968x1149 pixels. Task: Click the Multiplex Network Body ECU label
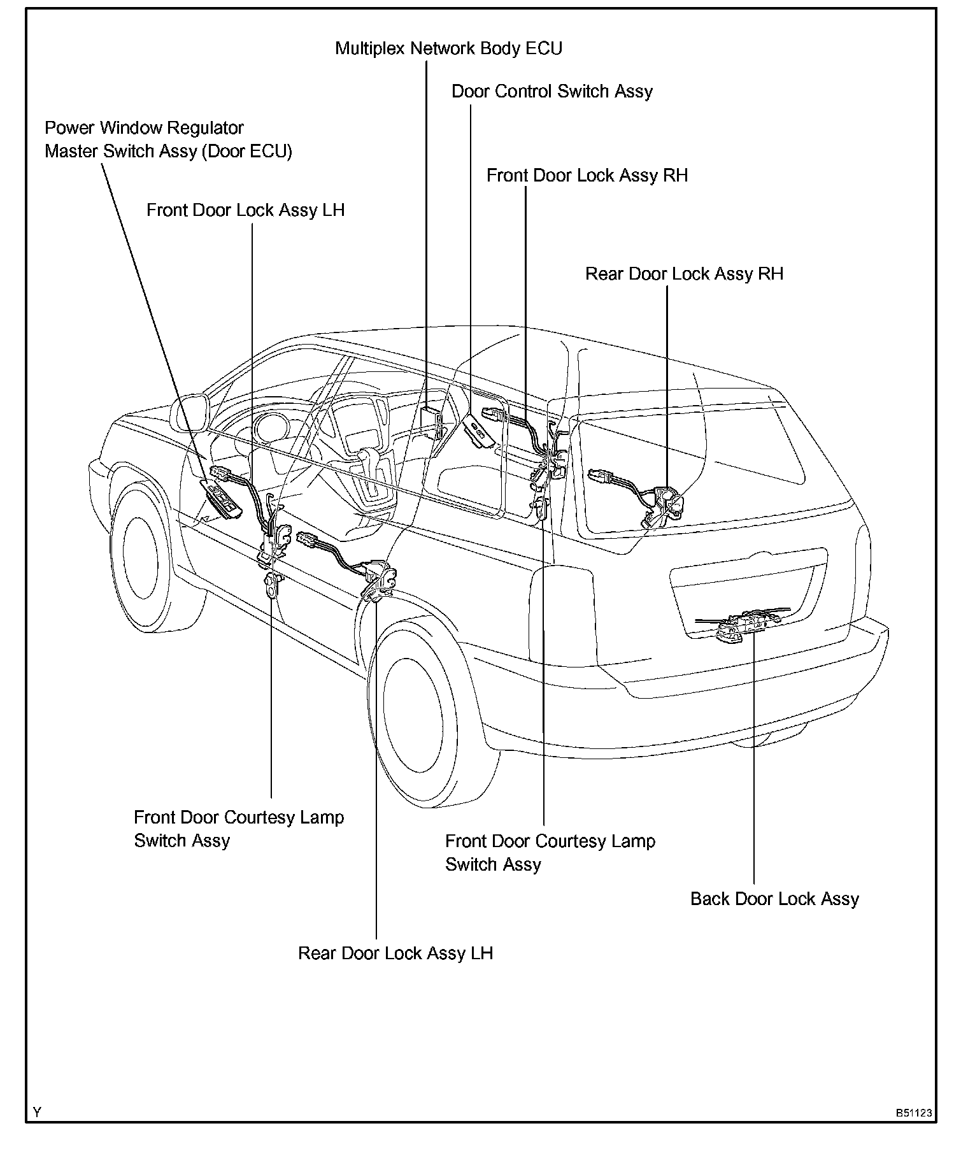coord(448,48)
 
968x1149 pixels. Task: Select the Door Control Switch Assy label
coord(552,92)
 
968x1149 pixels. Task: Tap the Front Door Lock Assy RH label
coord(587,176)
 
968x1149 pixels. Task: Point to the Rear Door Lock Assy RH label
coord(684,274)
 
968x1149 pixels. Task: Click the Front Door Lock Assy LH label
coord(245,211)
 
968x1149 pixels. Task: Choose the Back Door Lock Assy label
coord(774,899)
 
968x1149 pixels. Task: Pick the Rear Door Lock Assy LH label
coord(395,953)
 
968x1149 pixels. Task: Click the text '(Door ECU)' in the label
coord(246,152)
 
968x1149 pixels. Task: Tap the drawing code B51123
coord(914,1113)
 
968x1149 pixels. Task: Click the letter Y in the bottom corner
coord(38,1113)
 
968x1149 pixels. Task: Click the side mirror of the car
coord(189,413)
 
